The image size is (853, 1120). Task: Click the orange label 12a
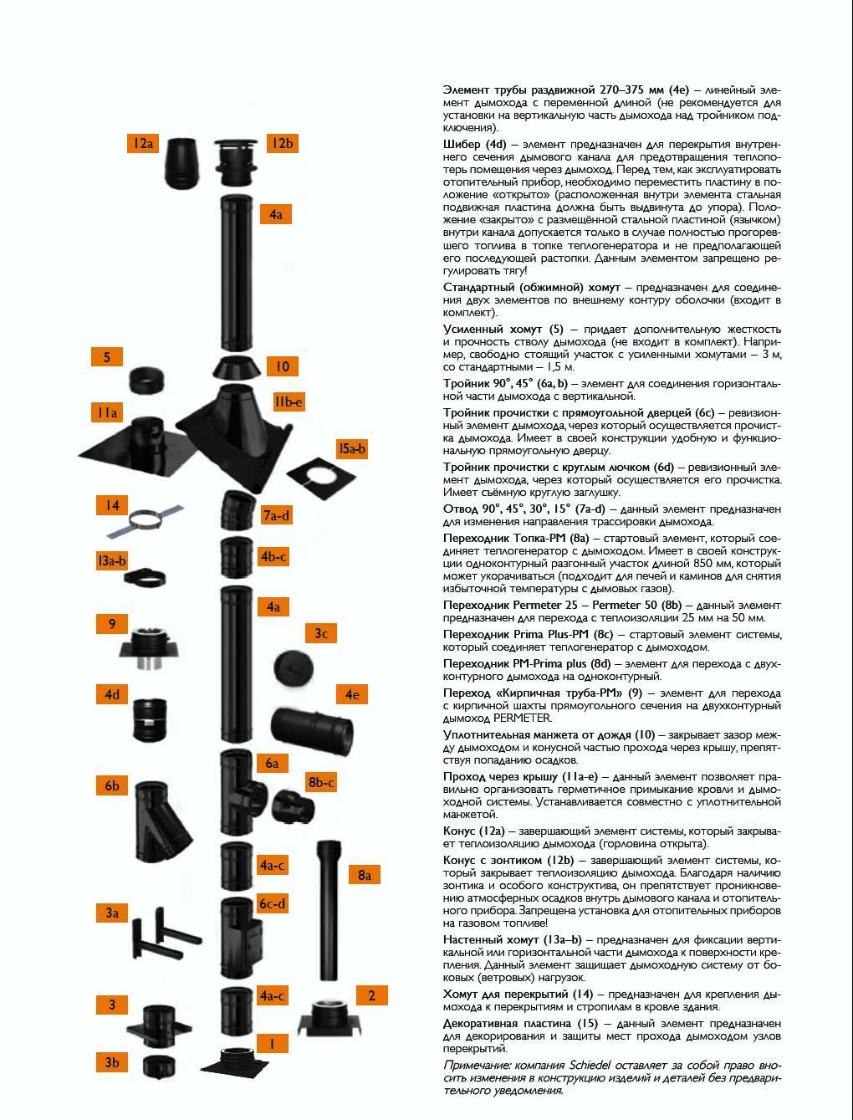143,143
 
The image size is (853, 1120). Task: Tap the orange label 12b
282,143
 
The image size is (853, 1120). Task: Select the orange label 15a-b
352,449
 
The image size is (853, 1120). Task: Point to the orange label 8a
365,876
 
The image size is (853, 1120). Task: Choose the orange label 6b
112,785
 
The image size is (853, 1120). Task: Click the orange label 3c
321,634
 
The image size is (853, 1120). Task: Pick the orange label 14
112,506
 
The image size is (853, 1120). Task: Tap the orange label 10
282,366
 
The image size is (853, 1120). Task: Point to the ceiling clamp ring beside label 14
146,521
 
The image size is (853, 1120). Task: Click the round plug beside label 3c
294,668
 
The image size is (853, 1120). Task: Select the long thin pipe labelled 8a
329,911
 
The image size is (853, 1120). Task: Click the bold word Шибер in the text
462,145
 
